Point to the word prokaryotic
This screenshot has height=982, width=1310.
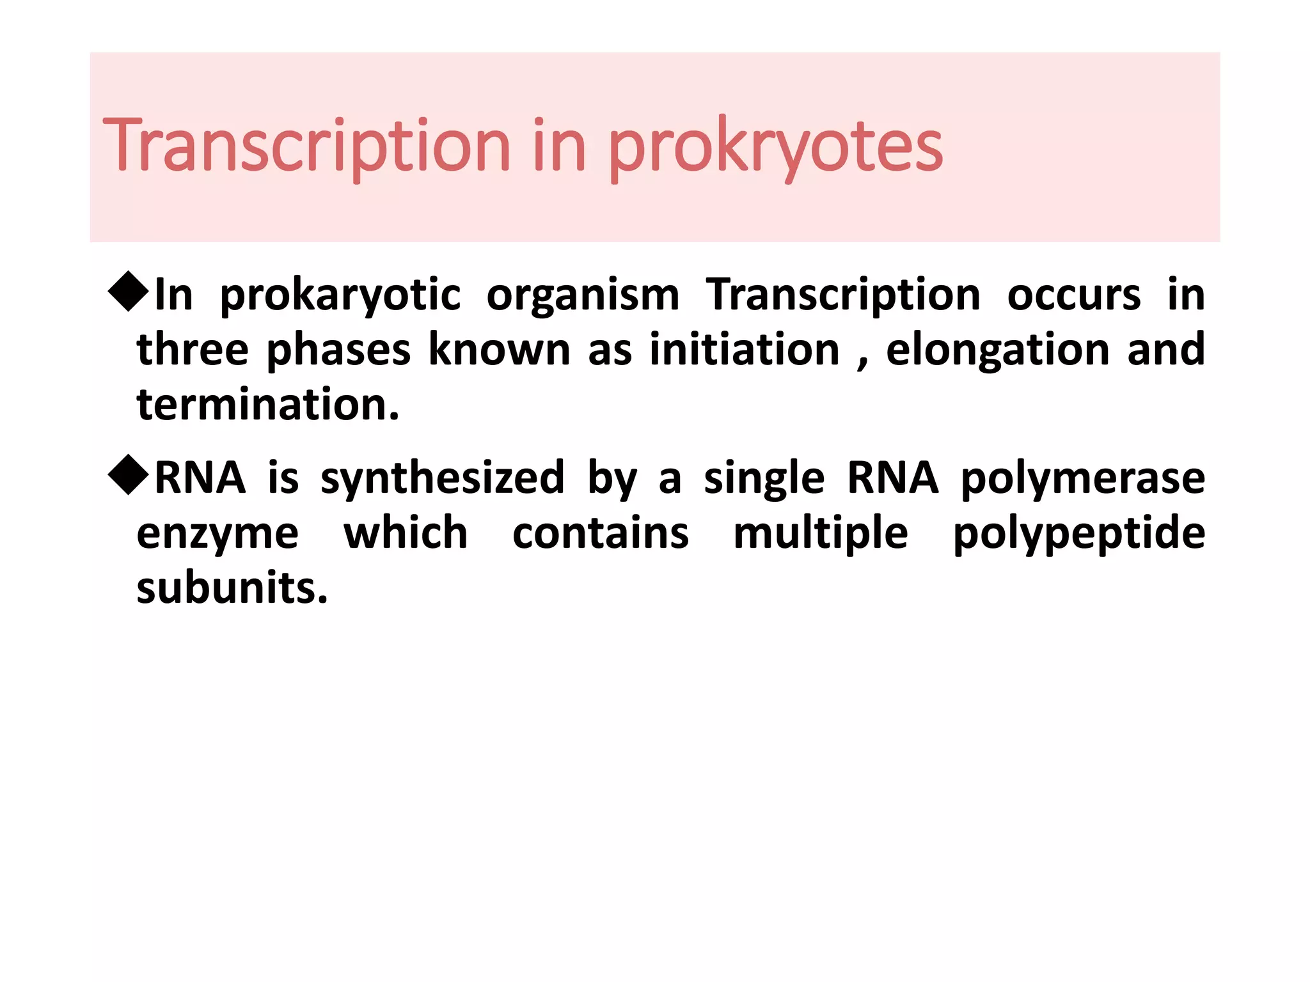pos(340,296)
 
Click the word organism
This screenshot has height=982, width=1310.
pos(583,296)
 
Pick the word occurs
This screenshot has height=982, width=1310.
pos(1074,295)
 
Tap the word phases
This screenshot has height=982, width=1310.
pos(338,351)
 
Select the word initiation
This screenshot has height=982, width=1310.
pos(745,350)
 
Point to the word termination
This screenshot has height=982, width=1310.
pos(268,405)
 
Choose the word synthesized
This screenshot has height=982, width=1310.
pos(443,479)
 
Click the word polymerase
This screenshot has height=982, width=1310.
pos(1083,479)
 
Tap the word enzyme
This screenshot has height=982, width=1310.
pos(217,534)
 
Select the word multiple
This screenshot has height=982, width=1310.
pos(821,533)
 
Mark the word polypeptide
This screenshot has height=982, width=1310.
pos(1079,534)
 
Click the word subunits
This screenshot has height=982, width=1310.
pos(232,588)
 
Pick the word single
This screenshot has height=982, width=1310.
pos(764,479)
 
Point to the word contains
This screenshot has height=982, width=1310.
pos(601,533)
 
